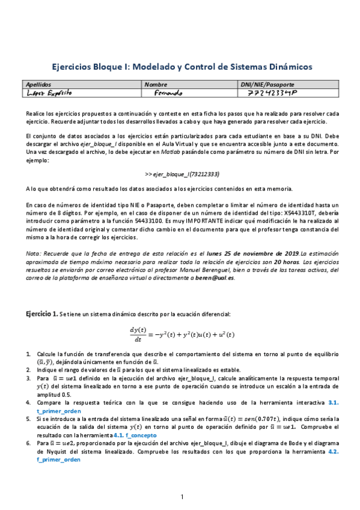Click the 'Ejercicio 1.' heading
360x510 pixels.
pyautogui.click(x=41, y=314)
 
